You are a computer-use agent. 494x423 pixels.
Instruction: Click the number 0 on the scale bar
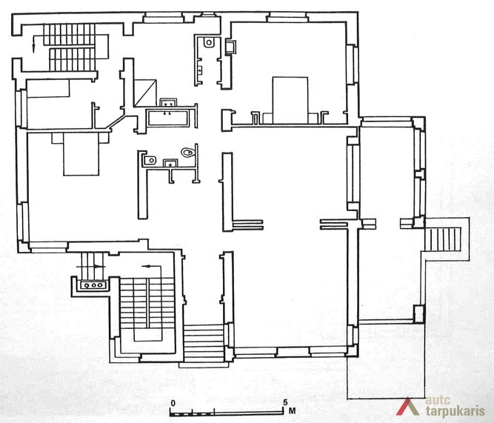click(173, 403)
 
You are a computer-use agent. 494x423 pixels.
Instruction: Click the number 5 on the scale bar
click(285, 402)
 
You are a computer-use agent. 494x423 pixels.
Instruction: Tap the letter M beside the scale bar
click(292, 411)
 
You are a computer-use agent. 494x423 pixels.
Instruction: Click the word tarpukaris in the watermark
click(455, 411)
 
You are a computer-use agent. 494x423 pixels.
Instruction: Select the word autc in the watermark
click(438, 400)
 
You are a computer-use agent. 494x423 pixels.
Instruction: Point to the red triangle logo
click(407, 406)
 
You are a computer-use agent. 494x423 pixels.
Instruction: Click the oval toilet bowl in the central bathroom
click(187, 153)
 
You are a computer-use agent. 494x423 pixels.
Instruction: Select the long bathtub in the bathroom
click(168, 118)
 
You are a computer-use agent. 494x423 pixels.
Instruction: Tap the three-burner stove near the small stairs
click(94, 285)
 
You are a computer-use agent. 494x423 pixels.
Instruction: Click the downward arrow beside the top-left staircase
click(33, 44)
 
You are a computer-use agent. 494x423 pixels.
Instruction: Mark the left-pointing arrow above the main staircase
click(152, 267)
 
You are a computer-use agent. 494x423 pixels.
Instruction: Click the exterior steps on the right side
click(443, 239)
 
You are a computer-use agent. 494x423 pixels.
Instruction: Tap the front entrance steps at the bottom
click(204, 344)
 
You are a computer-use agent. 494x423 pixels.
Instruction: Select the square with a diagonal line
click(145, 93)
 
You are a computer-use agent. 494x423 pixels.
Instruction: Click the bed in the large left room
click(81, 154)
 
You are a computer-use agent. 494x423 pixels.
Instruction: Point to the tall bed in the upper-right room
click(290, 100)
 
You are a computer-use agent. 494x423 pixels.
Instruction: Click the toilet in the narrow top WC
click(209, 42)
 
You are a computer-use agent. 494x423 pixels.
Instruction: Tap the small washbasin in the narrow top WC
click(200, 70)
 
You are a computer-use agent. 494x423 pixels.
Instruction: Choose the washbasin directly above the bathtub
click(168, 103)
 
